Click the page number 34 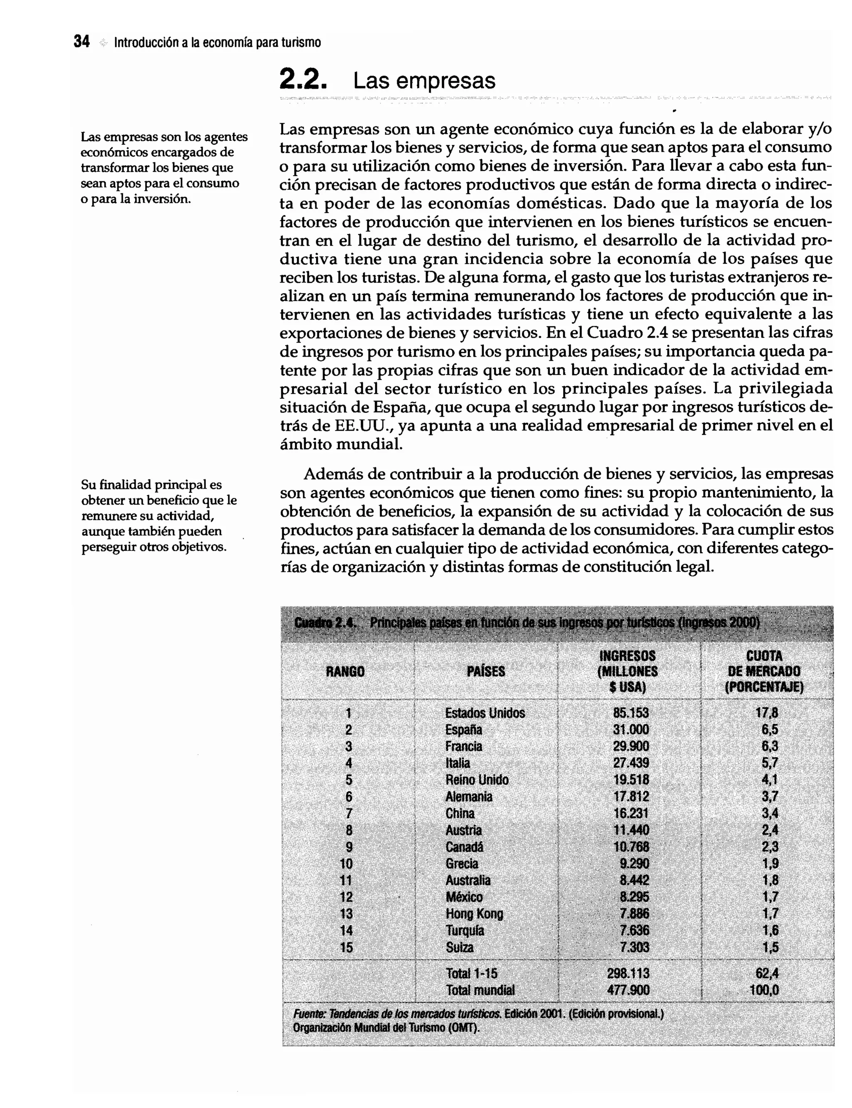[82, 42]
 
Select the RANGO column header [345, 672]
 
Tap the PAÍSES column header [485, 672]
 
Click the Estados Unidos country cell [485, 713]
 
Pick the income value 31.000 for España [630, 730]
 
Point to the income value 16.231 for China [630, 813]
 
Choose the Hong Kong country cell [474, 914]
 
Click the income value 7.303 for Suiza [634, 947]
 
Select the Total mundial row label [480, 990]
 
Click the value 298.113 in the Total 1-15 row [628, 973]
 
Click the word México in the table [464, 897]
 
